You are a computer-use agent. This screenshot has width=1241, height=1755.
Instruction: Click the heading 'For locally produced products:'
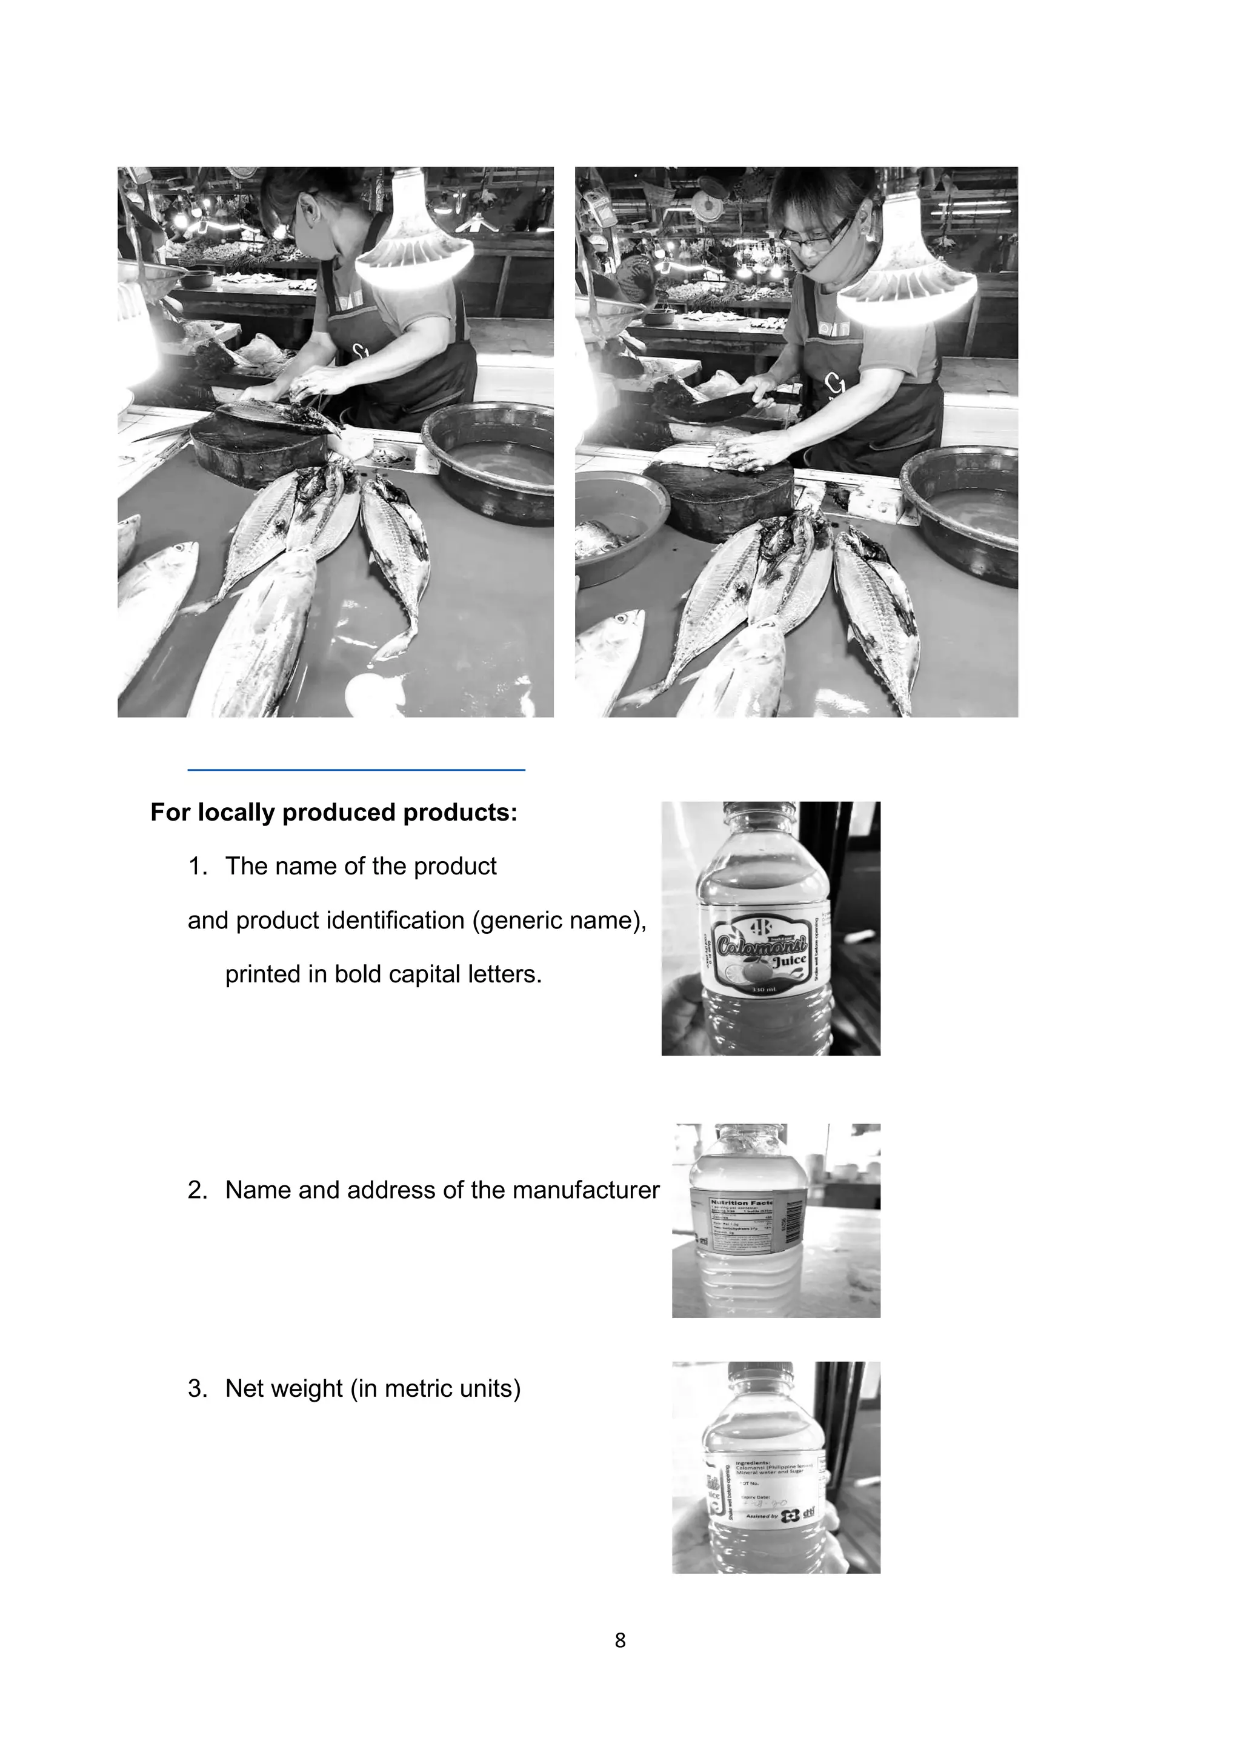[x=334, y=813]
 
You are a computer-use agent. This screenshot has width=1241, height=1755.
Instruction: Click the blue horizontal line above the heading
[x=356, y=770]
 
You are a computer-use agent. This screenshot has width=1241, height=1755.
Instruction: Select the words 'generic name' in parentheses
[x=556, y=921]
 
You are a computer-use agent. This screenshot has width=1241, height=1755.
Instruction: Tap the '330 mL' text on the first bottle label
[x=764, y=990]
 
